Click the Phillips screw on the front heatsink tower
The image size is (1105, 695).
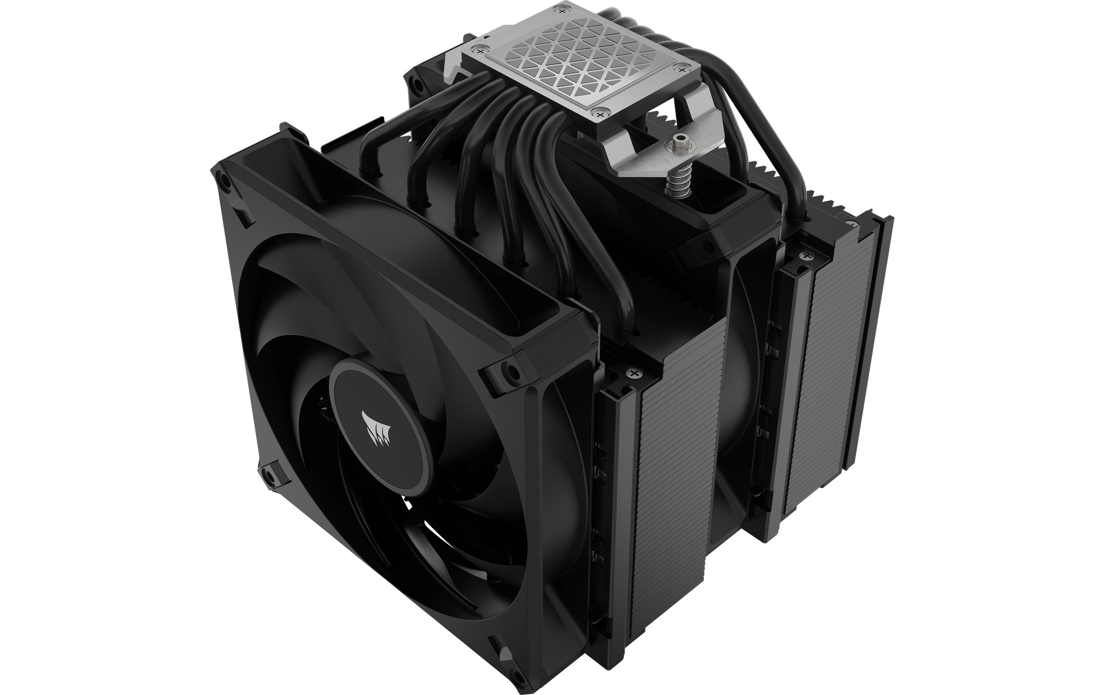(x=634, y=373)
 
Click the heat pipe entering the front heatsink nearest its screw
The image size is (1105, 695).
(x=610, y=275)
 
